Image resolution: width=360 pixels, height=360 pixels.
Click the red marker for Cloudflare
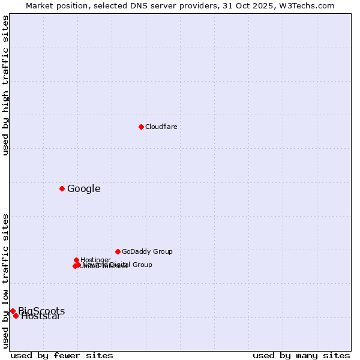[141, 127]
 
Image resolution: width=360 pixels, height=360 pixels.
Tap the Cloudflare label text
[161, 127]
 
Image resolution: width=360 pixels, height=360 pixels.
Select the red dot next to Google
[62, 189]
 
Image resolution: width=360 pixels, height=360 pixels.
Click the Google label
[83, 189]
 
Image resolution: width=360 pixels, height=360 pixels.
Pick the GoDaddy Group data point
[118, 251]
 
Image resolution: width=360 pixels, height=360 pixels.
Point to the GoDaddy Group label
[147, 251]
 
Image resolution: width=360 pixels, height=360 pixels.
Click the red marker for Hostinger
[76, 260]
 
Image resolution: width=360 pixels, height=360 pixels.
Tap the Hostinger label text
[96, 259]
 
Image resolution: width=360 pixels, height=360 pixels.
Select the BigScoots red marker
[13, 311]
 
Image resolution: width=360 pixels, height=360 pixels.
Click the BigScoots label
[41, 311]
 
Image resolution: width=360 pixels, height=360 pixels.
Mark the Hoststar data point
[16, 316]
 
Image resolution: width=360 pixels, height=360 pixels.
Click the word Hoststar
[41, 317]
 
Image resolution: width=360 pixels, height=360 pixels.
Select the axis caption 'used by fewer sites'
[62, 355]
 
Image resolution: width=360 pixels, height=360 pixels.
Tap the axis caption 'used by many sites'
[301, 355]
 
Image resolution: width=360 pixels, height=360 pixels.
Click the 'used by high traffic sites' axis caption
[5, 85]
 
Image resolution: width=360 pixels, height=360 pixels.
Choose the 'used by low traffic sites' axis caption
[5, 281]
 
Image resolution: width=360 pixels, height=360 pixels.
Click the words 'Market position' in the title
[53, 5]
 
